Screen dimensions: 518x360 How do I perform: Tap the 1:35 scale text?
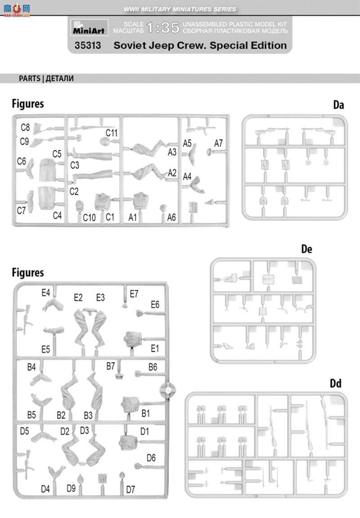click(163, 28)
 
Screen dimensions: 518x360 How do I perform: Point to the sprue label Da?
click(338, 105)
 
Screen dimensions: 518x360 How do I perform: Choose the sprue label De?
click(306, 249)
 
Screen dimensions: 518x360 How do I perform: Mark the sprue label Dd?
click(336, 383)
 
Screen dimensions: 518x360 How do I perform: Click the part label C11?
click(112, 133)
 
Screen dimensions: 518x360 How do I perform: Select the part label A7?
click(219, 143)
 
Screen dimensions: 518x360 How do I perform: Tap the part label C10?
click(90, 218)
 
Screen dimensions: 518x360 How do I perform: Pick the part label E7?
click(134, 294)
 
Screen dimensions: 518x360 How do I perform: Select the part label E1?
click(155, 348)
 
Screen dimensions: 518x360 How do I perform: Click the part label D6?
click(151, 458)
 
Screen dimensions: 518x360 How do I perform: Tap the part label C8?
click(25, 127)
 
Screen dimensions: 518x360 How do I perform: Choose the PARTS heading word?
click(30, 78)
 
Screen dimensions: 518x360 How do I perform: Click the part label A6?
click(171, 218)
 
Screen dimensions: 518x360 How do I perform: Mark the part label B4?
click(31, 367)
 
